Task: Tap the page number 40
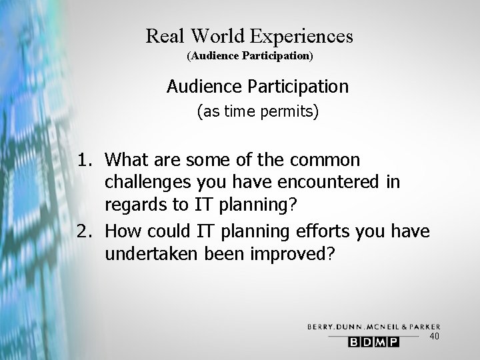point(433,337)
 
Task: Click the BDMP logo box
point(373,342)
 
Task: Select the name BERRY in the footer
point(321,327)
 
